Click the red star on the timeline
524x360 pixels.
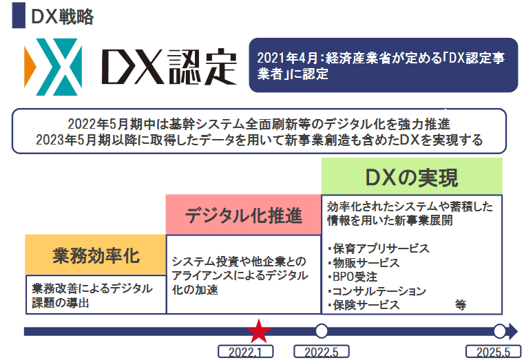[x=258, y=331]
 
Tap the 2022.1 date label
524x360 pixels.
[x=246, y=352]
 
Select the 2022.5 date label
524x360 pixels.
[x=322, y=352]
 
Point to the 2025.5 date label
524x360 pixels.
[x=493, y=352]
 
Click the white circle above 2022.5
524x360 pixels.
[x=322, y=331]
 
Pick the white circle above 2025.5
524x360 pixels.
[x=500, y=331]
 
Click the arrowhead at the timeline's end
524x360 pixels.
[x=513, y=331]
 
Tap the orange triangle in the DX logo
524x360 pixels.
[x=30, y=67]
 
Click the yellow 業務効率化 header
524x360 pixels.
[x=96, y=255]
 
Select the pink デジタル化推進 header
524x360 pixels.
[x=244, y=215]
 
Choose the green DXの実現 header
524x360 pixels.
[x=412, y=176]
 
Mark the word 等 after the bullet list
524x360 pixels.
[x=461, y=305]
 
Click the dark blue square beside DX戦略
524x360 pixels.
[x=19, y=15]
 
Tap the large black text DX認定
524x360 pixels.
[x=169, y=67]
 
